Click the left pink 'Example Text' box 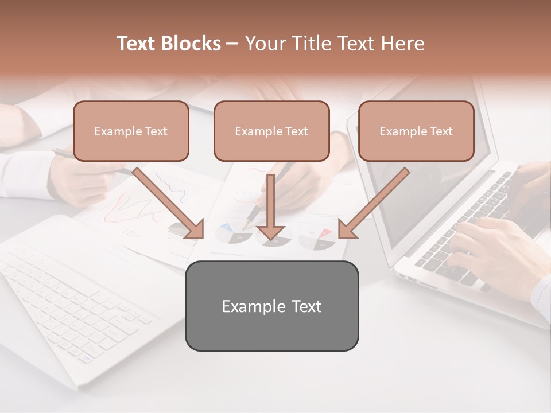tap(131, 131)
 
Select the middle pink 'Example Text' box tap(271, 131)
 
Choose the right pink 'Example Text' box tap(416, 131)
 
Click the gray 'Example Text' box tap(271, 306)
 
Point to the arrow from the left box tap(166, 202)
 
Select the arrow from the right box tap(375, 202)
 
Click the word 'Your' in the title tap(265, 44)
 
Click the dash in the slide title tap(232, 44)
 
